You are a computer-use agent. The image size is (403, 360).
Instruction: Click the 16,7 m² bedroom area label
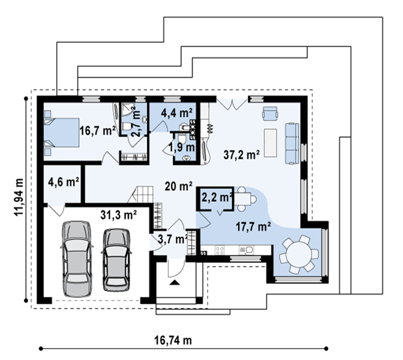pyautogui.click(x=97, y=131)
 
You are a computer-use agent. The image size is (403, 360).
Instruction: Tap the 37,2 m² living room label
pyautogui.click(x=242, y=155)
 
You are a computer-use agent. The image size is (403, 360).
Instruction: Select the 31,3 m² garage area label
pyautogui.click(x=118, y=215)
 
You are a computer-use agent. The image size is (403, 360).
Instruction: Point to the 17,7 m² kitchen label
pyautogui.click(x=253, y=226)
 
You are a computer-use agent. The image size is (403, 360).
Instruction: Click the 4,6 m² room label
pyautogui.click(x=63, y=182)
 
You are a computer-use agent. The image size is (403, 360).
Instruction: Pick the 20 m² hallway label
pyautogui.click(x=178, y=186)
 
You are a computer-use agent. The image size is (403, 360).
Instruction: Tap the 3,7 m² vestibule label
pyautogui.click(x=173, y=239)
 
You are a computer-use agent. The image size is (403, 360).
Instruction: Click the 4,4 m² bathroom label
pyautogui.click(x=177, y=113)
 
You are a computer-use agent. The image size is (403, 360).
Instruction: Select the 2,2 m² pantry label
pyautogui.click(x=217, y=197)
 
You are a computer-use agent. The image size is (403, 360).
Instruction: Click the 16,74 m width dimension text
pyautogui.click(x=173, y=340)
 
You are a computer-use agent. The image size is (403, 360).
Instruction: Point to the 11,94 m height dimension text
pyautogui.click(x=19, y=197)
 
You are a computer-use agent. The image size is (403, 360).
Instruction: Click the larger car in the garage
pyautogui.click(x=77, y=259)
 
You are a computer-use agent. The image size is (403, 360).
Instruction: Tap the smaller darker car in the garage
pyautogui.click(x=117, y=260)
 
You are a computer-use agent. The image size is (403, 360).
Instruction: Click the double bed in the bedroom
pyautogui.click(x=61, y=133)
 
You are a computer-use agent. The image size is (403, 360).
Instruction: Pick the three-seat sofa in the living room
pyautogui.click(x=292, y=143)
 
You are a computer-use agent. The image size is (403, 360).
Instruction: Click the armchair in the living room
pyautogui.click(x=270, y=113)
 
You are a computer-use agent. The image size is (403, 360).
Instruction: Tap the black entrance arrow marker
pyautogui.click(x=175, y=283)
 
